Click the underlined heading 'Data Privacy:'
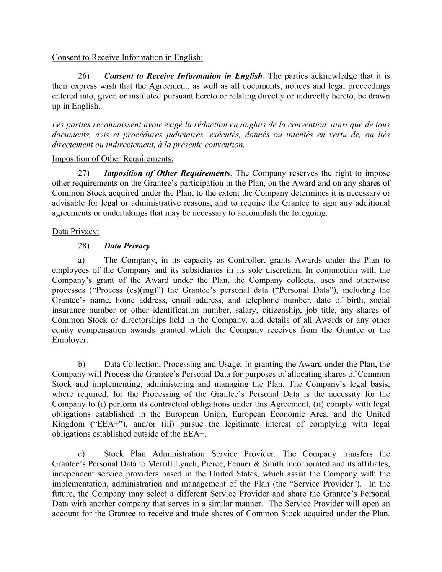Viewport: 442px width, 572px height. [x=75, y=232]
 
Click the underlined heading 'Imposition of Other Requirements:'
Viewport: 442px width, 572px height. [x=112, y=159]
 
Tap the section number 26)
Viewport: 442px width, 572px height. [x=84, y=76]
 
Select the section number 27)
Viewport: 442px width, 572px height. [x=84, y=173]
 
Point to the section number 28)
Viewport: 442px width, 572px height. [x=84, y=246]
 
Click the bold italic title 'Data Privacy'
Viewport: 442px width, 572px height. [x=127, y=246]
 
